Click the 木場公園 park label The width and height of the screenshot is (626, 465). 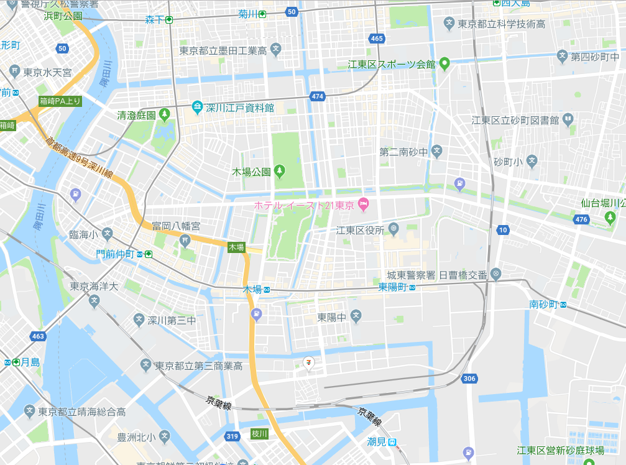coord(252,170)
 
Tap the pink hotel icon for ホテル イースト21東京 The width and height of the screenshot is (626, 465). coord(364,204)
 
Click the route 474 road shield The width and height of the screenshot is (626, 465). coord(318,96)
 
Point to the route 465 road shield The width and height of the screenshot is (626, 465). coord(376,39)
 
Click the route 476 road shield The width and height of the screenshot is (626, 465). coord(581,219)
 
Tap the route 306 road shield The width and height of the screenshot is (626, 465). coord(469,378)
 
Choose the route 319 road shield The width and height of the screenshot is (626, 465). coord(232,436)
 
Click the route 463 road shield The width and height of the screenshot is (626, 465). coord(37,336)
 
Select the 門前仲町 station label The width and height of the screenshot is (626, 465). coord(116,254)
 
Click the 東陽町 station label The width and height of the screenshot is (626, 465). coord(392,287)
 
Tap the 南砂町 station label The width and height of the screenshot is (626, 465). coord(543,304)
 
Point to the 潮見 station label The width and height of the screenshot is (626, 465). coord(377,441)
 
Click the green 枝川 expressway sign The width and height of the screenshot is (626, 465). coord(259,433)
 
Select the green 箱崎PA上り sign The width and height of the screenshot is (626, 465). coord(60,101)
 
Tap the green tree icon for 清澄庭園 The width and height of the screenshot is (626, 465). coord(165,114)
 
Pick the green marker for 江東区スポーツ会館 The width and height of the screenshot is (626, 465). coord(444,63)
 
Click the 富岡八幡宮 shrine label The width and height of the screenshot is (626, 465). coord(176,226)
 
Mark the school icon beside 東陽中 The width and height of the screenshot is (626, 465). coord(356,317)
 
